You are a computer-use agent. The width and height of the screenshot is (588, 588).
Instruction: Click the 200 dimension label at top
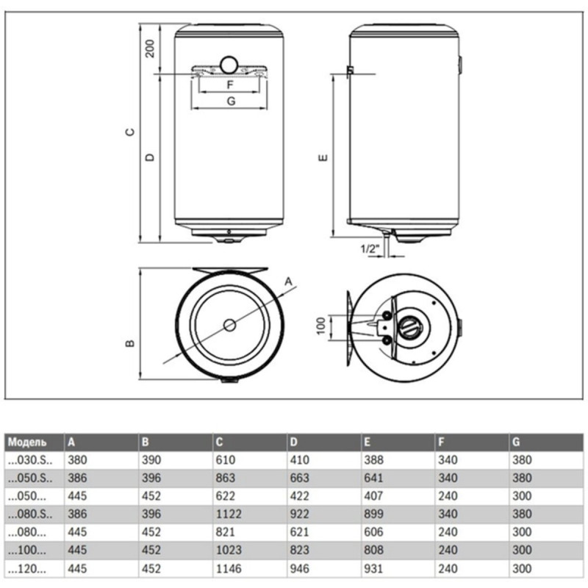tap(149, 49)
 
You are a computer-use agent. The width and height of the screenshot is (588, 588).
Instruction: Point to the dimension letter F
tap(229, 84)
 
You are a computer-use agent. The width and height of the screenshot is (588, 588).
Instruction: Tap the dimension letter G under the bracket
tap(229, 101)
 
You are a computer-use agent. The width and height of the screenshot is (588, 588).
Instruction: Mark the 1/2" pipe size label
tap(370, 248)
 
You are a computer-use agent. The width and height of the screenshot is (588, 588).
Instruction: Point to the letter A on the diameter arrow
tap(289, 281)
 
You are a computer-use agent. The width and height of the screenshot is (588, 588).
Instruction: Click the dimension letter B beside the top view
tap(129, 343)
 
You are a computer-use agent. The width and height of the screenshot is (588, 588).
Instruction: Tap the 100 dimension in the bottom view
tap(320, 325)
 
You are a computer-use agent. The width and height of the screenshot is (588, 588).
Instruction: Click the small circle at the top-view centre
tap(230, 324)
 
